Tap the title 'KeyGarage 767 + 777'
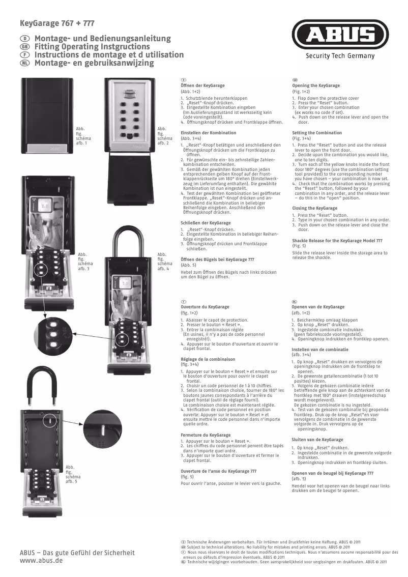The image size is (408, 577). click(56, 23)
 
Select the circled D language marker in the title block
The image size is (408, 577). click(23, 39)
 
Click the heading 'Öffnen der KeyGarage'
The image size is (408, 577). click(202, 86)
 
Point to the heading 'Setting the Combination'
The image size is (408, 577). click(316, 133)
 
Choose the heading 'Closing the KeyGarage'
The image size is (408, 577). click(314, 208)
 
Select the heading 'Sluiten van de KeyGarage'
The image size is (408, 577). click(317, 439)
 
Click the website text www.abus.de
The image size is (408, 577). click(41, 560)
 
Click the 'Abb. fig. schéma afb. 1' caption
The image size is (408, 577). click(81, 136)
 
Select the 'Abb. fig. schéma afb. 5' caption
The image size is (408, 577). click(72, 473)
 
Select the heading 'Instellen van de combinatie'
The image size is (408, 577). click(320, 350)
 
